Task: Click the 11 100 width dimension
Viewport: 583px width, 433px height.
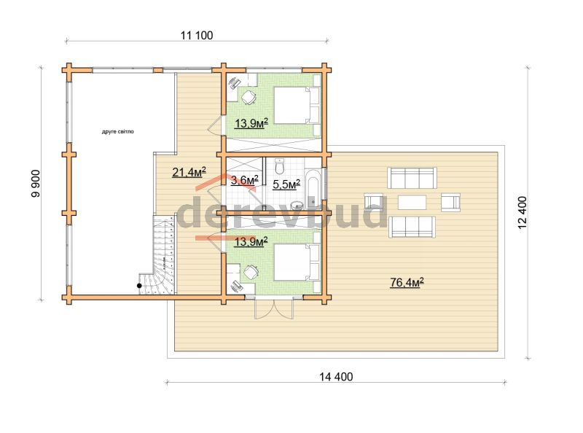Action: pos(197,35)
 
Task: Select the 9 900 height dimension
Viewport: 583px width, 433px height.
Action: pos(36,184)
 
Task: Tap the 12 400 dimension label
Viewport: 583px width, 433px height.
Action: pos(522,212)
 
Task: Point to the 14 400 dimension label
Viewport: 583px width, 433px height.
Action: pos(336,377)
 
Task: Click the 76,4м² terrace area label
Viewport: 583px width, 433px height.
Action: pos(407,283)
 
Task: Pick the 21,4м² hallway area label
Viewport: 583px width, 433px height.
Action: pos(189,172)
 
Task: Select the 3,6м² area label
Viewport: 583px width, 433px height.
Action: pos(244,181)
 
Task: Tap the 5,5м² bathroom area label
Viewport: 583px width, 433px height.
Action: pos(286,184)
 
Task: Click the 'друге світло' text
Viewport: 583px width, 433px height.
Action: pos(118,132)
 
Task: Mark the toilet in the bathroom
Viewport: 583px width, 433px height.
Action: pos(279,166)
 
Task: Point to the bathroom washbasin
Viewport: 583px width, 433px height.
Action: pos(297,205)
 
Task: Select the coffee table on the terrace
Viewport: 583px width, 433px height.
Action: pos(412,203)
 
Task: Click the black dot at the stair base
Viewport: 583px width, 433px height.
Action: pos(139,286)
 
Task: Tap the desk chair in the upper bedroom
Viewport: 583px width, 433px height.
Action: pos(249,98)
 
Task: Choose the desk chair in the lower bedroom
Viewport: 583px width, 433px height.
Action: pos(251,273)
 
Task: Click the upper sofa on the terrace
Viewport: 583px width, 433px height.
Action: pos(412,178)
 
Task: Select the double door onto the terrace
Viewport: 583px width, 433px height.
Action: pos(274,308)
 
